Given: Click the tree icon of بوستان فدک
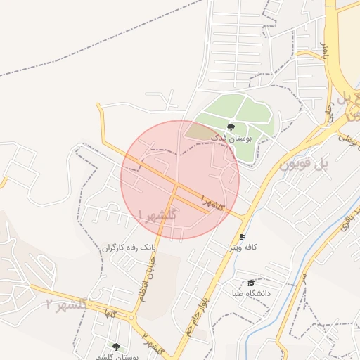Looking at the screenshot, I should (x=231, y=127).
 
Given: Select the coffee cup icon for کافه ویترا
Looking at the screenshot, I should (x=243, y=237).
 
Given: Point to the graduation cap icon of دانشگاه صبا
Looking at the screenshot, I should (x=251, y=282).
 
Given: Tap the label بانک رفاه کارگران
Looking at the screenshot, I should (x=127, y=248).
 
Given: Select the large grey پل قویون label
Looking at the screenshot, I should (x=304, y=165).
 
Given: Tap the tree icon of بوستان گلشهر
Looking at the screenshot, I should (x=116, y=347).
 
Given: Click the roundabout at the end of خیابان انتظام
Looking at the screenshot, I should (x=131, y=318).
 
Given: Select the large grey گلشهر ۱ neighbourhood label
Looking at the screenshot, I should (x=157, y=214).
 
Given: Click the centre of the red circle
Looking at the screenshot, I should (x=180, y=179).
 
